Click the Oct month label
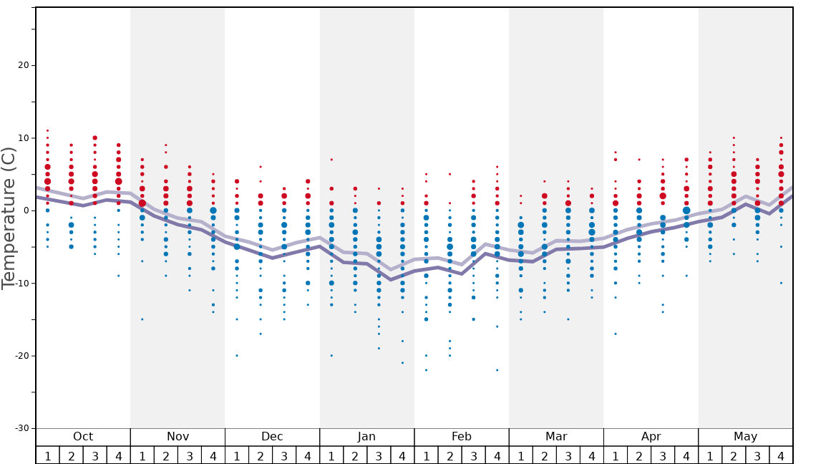pos(83,437)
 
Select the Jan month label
pos(366,437)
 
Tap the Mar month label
pos(556,437)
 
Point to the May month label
pos(745,437)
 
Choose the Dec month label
pos(272,437)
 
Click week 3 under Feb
pos(473,456)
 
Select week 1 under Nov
pos(142,456)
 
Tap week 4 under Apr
pos(686,456)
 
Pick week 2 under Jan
pos(355,456)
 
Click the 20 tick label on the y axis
pos(22,65)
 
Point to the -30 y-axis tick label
pos(20,428)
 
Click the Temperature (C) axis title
pos(9,218)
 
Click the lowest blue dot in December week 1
pos(237,355)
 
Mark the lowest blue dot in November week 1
pos(142,319)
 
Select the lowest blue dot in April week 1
pos(615,334)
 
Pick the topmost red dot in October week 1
pos(47,130)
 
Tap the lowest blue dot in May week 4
pos(781,283)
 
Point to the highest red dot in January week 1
pos(331,160)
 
